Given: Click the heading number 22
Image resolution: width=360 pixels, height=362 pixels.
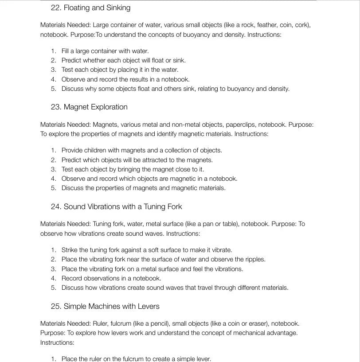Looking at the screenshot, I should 56,8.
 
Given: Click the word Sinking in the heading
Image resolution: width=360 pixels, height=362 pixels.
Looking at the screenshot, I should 118,8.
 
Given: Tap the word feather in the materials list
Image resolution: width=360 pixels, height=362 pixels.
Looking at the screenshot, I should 254,25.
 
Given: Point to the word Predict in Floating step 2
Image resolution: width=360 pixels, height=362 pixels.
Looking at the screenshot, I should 71,60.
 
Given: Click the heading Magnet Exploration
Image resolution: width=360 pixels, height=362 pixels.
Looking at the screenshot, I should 95,107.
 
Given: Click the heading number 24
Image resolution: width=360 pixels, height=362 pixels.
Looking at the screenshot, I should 56,206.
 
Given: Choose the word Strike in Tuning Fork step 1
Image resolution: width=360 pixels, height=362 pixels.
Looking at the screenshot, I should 70,250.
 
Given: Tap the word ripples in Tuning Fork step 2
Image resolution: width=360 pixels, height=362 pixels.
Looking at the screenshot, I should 255,259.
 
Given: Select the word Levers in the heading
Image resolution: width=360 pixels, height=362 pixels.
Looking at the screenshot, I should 148,306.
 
